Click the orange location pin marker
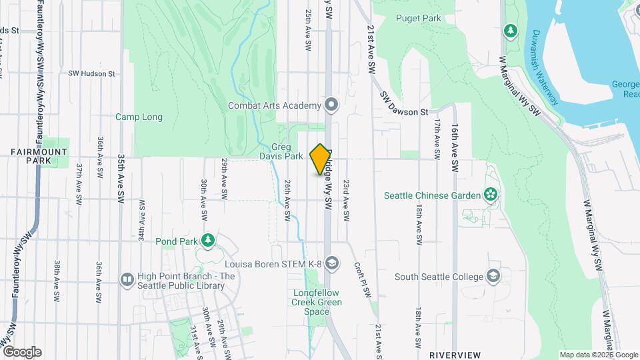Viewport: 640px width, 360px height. pos(320,159)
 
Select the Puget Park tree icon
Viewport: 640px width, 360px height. pos(511,31)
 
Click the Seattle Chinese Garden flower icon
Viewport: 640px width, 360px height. pos(491,195)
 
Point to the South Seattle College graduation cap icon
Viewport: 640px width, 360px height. pos(493,277)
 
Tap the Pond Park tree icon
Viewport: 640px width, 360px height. pos(209,240)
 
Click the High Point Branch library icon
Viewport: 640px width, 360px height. pos(126,279)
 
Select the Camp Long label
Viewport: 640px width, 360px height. pos(139,117)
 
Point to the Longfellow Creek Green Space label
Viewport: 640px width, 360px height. pos(317,302)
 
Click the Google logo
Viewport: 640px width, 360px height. pos(21,351)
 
